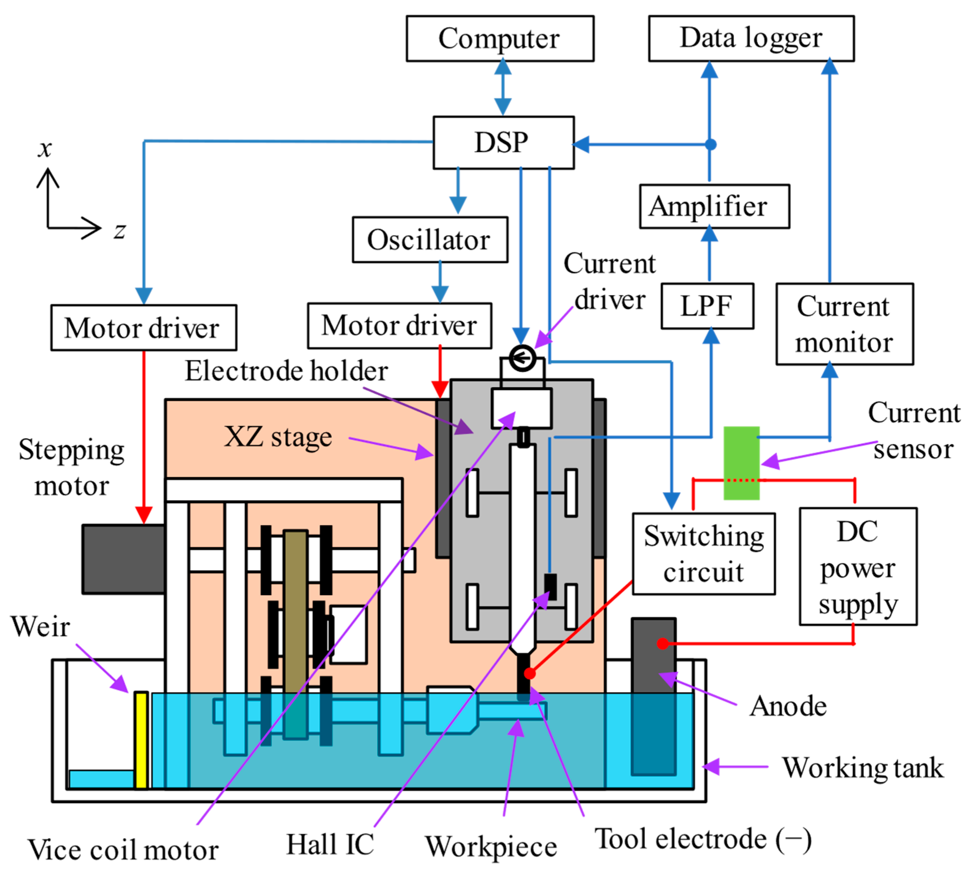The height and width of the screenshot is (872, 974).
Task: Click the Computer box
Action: (x=500, y=38)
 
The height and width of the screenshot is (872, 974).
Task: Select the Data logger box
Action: (x=751, y=38)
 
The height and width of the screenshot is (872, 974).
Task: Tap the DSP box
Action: (x=503, y=142)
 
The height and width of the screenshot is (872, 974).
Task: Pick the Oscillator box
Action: (x=430, y=240)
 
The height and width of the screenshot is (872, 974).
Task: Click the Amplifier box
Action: (x=714, y=207)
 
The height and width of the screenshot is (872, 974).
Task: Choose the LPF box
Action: (x=707, y=306)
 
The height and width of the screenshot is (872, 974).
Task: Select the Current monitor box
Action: (x=844, y=324)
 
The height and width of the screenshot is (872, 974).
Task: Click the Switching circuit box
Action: (x=703, y=554)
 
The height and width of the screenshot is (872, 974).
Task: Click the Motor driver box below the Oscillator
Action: (x=399, y=326)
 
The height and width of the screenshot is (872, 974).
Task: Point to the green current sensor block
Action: (x=741, y=463)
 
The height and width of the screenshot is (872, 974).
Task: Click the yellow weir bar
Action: (x=141, y=740)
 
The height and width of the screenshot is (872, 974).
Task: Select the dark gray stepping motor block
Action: (x=124, y=559)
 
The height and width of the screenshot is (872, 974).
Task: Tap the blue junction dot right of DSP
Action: (x=711, y=144)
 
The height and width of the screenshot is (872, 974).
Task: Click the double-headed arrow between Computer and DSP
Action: (x=503, y=87)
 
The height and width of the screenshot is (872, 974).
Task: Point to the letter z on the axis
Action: (x=120, y=231)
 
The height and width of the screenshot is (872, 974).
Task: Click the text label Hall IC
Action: (x=330, y=844)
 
